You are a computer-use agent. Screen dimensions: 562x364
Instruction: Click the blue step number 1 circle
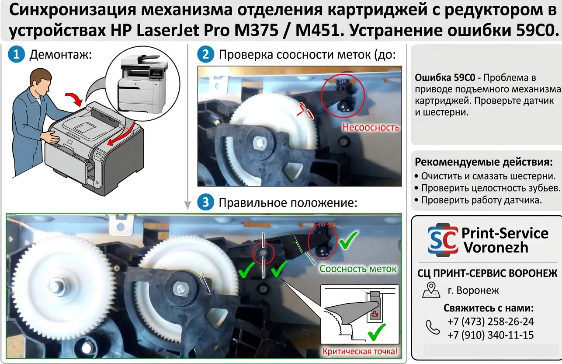tap(16, 54)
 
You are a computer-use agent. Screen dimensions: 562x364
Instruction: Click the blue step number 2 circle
tap(205, 54)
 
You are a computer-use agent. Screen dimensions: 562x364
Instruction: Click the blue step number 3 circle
tap(205, 202)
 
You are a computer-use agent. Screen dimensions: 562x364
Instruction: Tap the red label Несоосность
tap(371, 127)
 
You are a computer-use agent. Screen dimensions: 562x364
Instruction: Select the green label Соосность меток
tap(358, 269)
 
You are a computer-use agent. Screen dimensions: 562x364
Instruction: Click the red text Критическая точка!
tap(360, 351)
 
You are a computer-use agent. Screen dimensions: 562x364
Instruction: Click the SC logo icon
tap(443, 240)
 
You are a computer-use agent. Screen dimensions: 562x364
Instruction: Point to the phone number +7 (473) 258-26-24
tap(490, 322)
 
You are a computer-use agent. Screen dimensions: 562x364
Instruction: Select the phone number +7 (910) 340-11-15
tap(490, 335)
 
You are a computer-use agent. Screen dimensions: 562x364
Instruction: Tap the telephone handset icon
tap(433, 327)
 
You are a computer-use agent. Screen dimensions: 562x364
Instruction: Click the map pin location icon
tap(431, 290)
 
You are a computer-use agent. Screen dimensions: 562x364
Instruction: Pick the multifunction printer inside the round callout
tap(143, 84)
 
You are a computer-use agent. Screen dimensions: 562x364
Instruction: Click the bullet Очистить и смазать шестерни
tap(485, 176)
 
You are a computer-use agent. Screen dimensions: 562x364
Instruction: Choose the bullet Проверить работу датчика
tap(478, 200)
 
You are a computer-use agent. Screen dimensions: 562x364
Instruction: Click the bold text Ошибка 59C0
tap(445, 77)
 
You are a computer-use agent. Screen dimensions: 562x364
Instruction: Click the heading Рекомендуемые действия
tap(484, 162)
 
